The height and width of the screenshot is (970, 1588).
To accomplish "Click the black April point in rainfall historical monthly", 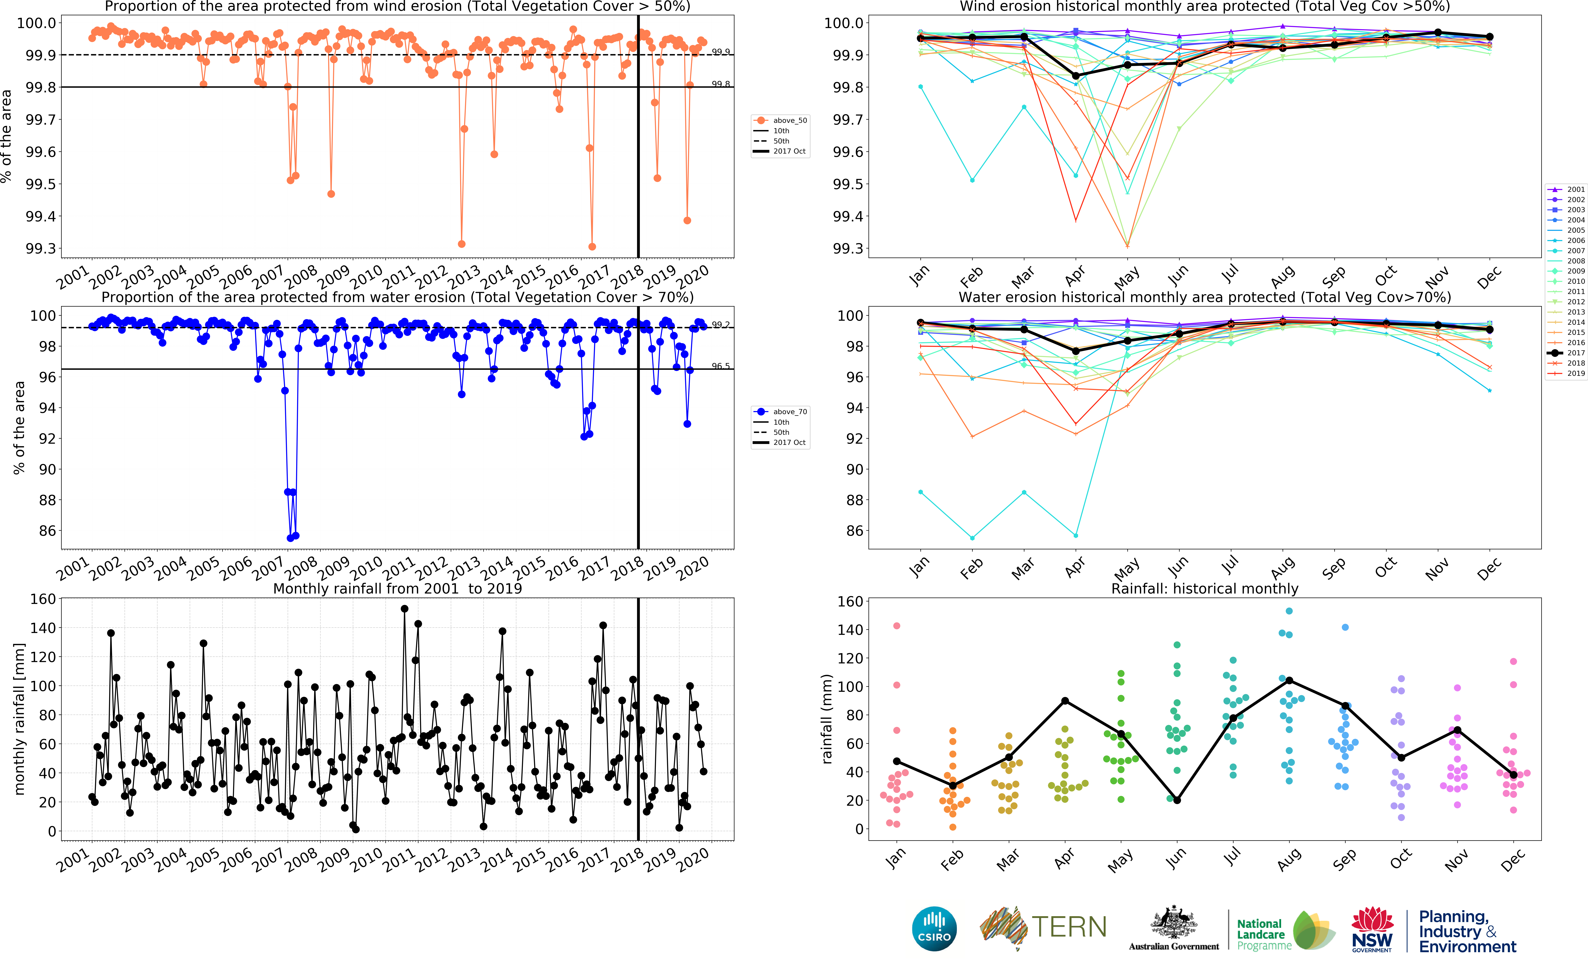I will (1065, 701).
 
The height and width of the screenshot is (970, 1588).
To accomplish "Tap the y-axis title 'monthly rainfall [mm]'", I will (19, 719).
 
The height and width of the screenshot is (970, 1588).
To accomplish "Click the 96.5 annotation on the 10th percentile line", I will (721, 366).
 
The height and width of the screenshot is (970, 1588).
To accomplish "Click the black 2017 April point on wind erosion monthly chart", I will (1076, 76).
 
